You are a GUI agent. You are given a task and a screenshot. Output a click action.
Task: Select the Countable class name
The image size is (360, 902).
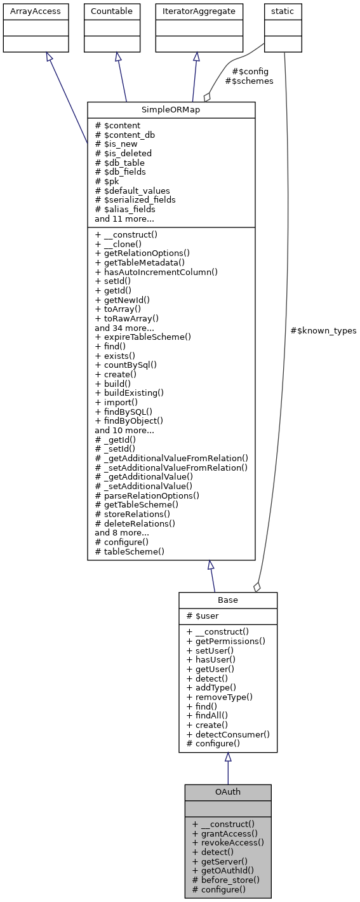tap(112, 11)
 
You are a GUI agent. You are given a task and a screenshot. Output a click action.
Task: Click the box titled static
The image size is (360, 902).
tap(283, 11)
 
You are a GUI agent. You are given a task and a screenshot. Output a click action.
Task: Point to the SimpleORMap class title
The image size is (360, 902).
tap(171, 109)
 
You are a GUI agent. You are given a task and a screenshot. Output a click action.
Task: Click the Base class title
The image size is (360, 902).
tap(227, 600)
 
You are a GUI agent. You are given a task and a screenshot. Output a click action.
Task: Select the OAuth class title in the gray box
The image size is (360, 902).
tap(227, 792)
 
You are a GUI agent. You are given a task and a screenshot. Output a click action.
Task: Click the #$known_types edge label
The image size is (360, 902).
tap(323, 331)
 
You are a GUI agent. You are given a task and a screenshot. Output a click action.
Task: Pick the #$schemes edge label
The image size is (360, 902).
tap(249, 81)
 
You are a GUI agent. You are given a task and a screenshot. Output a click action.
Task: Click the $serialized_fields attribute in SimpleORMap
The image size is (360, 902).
tap(135, 199)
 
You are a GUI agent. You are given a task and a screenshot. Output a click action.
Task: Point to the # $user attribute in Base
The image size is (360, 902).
tap(204, 616)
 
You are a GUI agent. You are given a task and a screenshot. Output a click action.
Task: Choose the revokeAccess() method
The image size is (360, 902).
tap(227, 843)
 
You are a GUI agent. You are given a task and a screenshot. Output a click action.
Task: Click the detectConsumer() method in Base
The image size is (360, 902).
tap(228, 734)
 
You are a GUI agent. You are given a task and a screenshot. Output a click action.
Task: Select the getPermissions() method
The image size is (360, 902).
tap(225, 642)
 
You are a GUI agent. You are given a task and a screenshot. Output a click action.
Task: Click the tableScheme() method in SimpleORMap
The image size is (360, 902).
tap(130, 551)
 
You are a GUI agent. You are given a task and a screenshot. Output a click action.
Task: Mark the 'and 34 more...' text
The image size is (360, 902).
tap(124, 328)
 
